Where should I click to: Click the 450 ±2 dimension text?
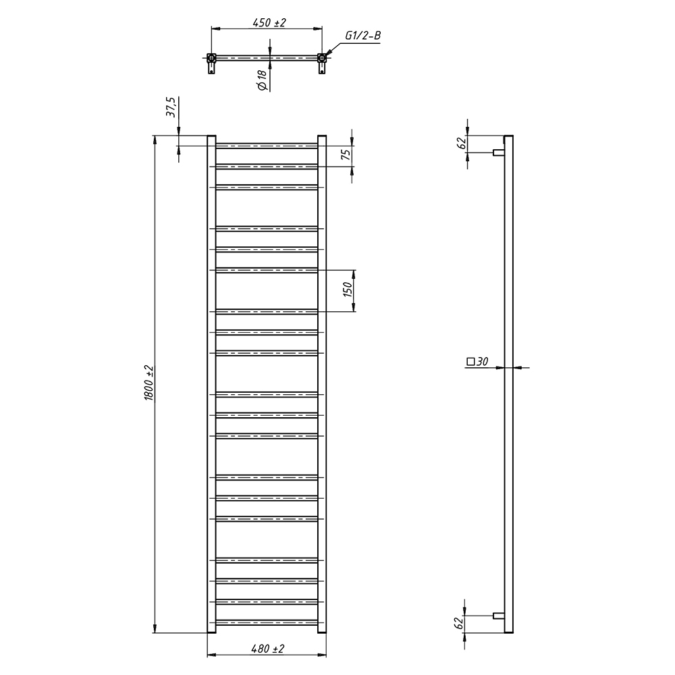pyautogui.click(x=269, y=22)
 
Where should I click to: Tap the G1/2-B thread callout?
pyautogui.click(x=363, y=35)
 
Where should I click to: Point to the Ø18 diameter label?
pyautogui.click(x=262, y=80)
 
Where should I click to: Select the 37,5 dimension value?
pyautogui.click(x=171, y=107)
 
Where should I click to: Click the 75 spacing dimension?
pyautogui.click(x=346, y=154)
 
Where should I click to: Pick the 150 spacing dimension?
pyautogui.click(x=348, y=290)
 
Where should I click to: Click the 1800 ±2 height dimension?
pyautogui.click(x=148, y=383)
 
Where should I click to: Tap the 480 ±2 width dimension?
pyautogui.click(x=267, y=648)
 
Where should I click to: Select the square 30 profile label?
pyautogui.click(x=477, y=361)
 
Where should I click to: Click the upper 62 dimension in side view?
pyautogui.click(x=462, y=143)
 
